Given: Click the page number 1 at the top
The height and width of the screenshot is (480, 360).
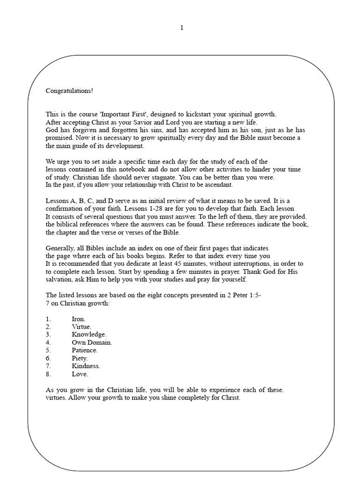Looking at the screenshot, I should pos(182,28).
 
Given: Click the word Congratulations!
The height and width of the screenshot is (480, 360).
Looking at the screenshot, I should pos(69,90).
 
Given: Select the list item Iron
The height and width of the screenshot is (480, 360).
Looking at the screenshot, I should pos(78,319).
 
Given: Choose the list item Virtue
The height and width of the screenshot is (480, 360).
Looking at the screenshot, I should pos(82,327).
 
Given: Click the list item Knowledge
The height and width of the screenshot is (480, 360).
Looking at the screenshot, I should pos(89,335).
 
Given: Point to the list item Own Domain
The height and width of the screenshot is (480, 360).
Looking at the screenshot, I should pos(92,343).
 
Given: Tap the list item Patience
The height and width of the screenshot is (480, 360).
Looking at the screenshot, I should pos(85,350).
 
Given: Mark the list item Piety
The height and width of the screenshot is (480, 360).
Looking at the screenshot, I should pos(80,358).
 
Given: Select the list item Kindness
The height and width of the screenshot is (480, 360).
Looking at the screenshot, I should pos(86,366).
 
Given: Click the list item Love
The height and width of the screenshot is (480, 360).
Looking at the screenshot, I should pos(80,374).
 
